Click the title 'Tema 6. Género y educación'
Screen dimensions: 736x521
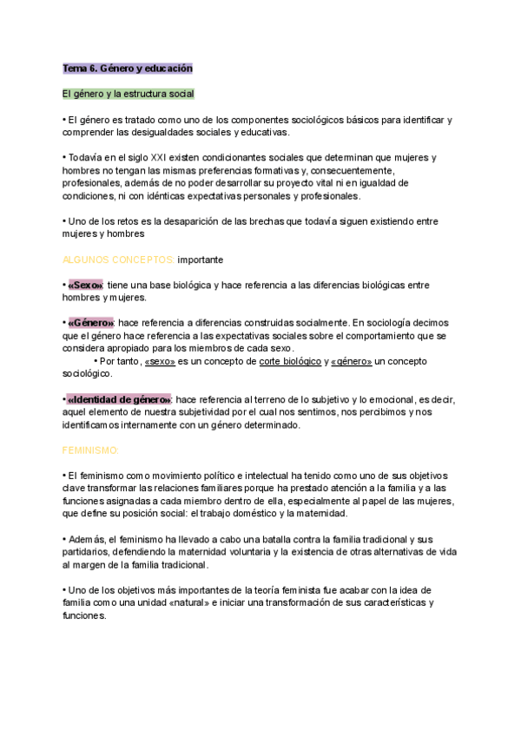tap(127, 68)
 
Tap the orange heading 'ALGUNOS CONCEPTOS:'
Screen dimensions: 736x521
tap(118, 260)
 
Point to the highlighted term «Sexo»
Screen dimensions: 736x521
tap(85, 285)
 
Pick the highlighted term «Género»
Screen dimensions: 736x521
tap(90, 323)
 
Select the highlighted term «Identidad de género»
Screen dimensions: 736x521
tap(119, 399)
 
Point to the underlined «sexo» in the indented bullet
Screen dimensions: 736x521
tap(162, 361)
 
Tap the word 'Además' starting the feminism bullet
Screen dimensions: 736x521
tap(85, 539)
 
